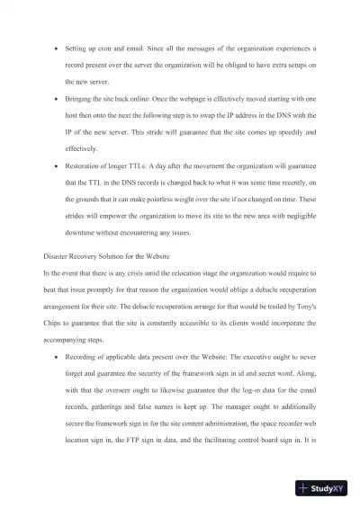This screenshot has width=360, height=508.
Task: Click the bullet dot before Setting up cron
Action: tap(57, 44)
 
